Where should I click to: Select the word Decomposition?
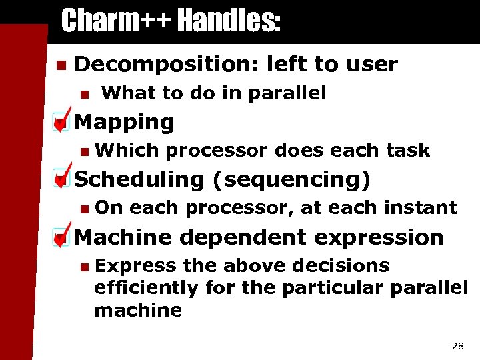167,64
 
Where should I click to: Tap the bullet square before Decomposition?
60,65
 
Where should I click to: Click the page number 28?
457,345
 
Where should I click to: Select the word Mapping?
125,122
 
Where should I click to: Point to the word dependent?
246,237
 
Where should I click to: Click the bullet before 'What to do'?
83,94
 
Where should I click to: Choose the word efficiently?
147,288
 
